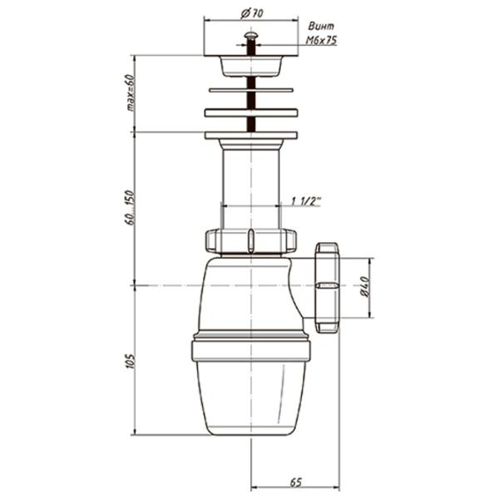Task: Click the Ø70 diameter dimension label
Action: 252,13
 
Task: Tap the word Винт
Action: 321,26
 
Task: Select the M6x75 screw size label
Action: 321,41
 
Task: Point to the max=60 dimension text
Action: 131,92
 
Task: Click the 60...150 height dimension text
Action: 131,208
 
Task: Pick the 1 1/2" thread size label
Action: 306,200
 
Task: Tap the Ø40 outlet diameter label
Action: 365,287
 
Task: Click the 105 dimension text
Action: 131,361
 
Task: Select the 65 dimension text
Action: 295,482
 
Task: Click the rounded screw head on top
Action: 251,35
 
